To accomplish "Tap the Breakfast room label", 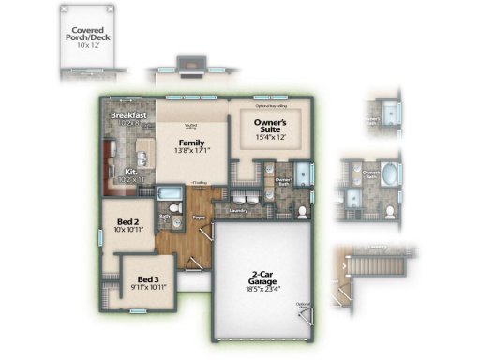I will (128, 115).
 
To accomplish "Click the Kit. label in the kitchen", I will (132, 172).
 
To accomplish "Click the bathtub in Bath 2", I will (170, 196).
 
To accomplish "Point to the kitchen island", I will (144, 150).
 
